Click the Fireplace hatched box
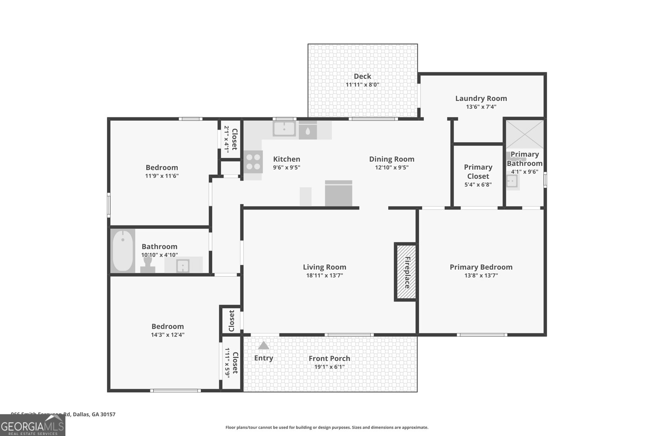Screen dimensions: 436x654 pyautogui.click(x=405, y=272)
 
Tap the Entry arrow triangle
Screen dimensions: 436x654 pyautogui.click(x=264, y=346)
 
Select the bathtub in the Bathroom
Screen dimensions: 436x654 pyautogui.click(x=123, y=251)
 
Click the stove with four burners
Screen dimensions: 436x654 pyautogui.click(x=253, y=161)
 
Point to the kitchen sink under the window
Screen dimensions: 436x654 pyautogui.click(x=284, y=129)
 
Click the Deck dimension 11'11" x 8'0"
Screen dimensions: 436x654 pyautogui.click(x=363, y=85)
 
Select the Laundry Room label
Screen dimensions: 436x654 pyautogui.click(x=481, y=98)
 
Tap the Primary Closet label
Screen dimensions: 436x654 pyautogui.click(x=478, y=172)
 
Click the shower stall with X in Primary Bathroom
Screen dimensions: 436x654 pyautogui.click(x=525, y=134)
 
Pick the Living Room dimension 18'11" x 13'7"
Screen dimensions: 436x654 pyautogui.click(x=325, y=275)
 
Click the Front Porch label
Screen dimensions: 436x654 pyautogui.click(x=329, y=358)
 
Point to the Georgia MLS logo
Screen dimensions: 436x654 pyautogui.click(x=33, y=425)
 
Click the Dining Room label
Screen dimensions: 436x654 pyautogui.click(x=392, y=159)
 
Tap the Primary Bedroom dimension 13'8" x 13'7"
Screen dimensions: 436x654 pyautogui.click(x=481, y=275)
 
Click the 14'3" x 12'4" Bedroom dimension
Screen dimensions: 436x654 pyautogui.click(x=168, y=335)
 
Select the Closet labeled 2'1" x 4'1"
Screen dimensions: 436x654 pyautogui.click(x=231, y=139)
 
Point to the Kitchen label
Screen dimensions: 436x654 pyautogui.click(x=287, y=159)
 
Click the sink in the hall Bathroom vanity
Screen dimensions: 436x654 pyautogui.click(x=183, y=266)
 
